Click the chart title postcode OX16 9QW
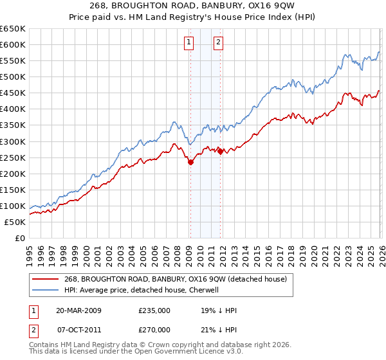pos(266,4)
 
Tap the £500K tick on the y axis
pos(12,76)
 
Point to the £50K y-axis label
pos(14,222)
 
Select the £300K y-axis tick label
pos(12,141)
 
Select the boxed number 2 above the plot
pos(219,42)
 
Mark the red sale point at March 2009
pos(190,163)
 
